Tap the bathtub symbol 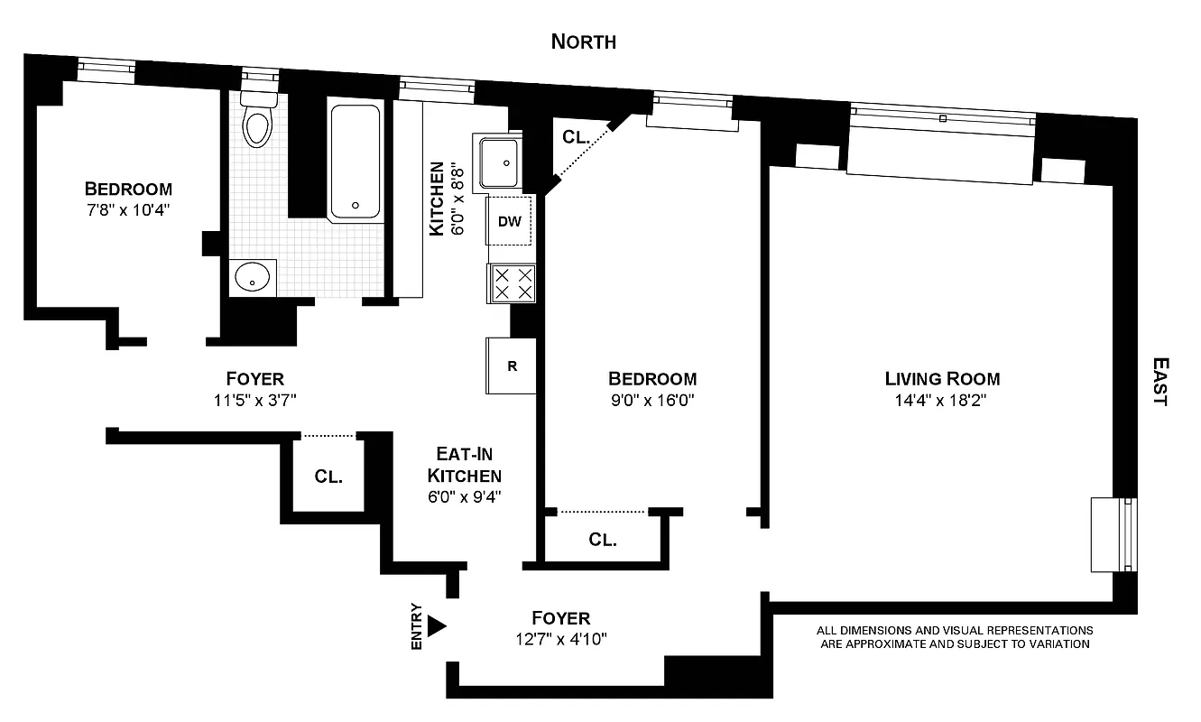tap(355, 162)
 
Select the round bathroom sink tap(254, 278)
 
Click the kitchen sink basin tap(499, 162)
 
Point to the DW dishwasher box tap(510, 220)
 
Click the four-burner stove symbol tap(512, 282)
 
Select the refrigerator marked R tap(512, 366)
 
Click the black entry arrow tap(437, 625)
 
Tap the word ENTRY tap(416, 625)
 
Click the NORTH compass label tap(583, 42)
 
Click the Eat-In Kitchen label tap(464, 465)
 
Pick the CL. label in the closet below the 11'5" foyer tap(328, 476)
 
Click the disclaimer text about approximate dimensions tap(955, 637)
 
